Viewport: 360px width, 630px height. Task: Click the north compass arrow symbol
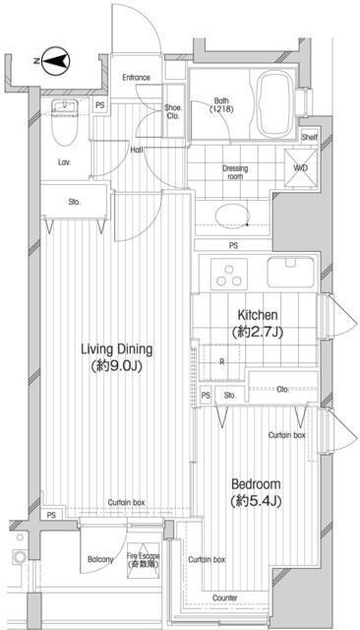(55, 61)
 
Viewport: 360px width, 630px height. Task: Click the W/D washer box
(298, 166)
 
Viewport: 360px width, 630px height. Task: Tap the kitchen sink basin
(289, 271)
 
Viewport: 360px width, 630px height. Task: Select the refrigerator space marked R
(222, 362)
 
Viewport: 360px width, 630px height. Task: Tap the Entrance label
(137, 78)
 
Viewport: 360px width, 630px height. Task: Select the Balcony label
(100, 560)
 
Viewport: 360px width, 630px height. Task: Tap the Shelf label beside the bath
(309, 137)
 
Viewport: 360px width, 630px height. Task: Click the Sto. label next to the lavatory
(75, 203)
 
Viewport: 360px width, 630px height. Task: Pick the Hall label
(136, 151)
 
